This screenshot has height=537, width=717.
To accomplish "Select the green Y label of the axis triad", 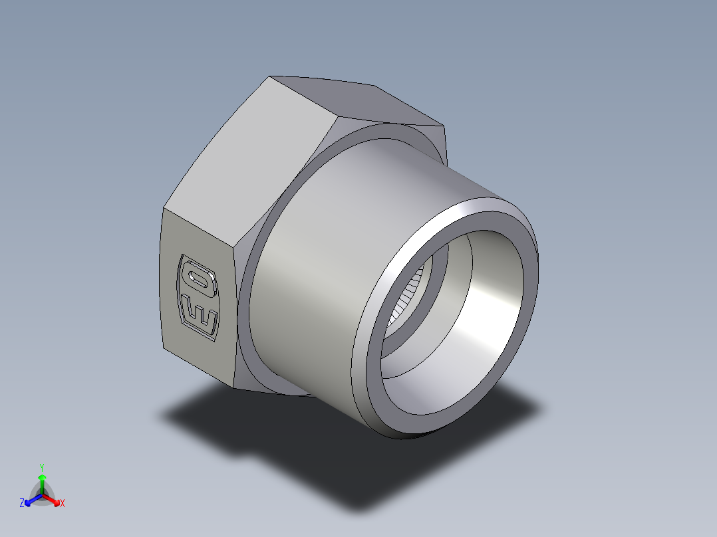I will [42, 467].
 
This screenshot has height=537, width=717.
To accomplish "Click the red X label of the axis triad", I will [62, 504].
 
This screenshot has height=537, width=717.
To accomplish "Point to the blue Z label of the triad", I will [22, 504].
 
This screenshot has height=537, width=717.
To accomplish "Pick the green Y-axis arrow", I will [42, 480].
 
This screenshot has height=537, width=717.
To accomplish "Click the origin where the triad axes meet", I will [42, 496].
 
